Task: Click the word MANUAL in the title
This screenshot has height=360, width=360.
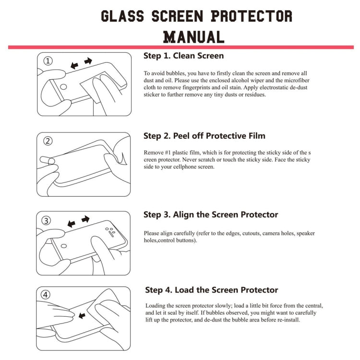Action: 193,36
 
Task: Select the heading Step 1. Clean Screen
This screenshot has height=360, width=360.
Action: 183,56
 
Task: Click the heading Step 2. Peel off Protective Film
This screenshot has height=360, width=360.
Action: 204,136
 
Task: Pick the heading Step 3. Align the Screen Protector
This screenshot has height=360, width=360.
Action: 211,215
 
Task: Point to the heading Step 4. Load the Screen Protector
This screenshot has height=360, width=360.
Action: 212,290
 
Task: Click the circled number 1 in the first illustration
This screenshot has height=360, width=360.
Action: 48,61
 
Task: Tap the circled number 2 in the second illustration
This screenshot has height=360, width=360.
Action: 48,141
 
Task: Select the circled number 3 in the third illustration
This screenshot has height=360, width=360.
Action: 47,221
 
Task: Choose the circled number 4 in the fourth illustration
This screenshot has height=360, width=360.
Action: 46,295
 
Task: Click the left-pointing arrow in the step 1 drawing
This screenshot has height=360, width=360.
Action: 74,65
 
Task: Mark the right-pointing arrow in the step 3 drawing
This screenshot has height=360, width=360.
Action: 85,219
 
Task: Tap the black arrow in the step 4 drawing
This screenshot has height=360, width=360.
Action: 82,315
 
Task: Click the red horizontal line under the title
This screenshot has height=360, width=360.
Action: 180,47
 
